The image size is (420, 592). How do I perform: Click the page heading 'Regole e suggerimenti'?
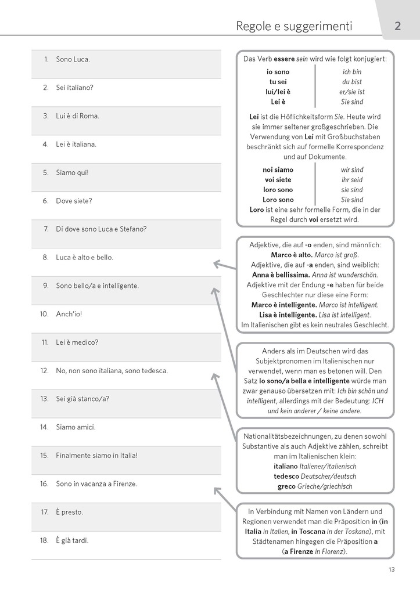[x=294, y=26]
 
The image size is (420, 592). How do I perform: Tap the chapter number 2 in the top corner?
[x=397, y=26]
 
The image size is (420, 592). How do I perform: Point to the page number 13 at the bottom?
[x=392, y=569]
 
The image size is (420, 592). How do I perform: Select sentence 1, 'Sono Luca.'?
[x=73, y=59]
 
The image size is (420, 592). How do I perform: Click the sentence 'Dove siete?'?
[x=74, y=201]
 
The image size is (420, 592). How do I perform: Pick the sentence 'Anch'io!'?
[x=69, y=314]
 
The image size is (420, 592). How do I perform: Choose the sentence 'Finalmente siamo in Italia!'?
[x=96, y=456]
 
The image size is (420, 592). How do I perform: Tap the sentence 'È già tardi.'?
[x=72, y=540]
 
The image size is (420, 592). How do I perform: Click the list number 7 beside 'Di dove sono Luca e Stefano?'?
[x=46, y=229]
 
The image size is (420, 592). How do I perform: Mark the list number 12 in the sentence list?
[x=44, y=370]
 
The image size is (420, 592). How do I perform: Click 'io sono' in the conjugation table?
[x=278, y=72]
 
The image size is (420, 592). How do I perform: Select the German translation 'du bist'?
[x=352, y=82]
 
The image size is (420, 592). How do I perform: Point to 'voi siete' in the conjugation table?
[x=278, y=180]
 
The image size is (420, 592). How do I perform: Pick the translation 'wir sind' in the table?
[x=352, y=170]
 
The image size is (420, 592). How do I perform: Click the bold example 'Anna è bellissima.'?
[x=281, y=275]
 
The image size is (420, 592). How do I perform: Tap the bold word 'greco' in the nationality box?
[x=286, y=486]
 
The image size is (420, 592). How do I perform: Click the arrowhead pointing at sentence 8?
[x=216, y=264]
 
